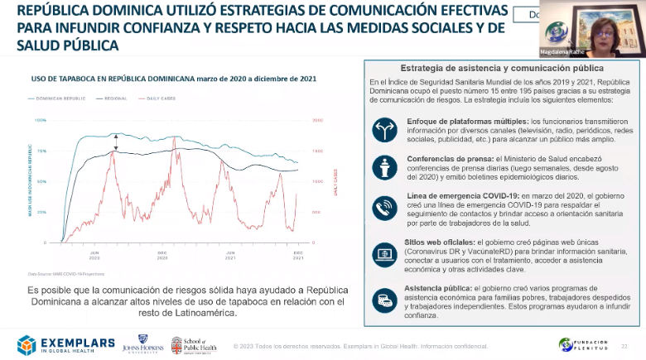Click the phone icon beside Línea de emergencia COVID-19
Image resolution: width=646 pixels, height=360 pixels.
384,208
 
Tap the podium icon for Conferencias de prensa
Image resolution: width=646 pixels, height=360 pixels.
384,167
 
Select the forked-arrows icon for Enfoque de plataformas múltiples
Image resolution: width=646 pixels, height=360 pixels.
384,127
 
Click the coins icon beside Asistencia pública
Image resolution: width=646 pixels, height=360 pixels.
384,297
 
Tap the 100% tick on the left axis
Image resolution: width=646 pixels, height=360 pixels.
41,121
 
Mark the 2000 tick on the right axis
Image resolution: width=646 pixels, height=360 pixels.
316,121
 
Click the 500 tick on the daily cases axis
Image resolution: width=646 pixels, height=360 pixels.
316,213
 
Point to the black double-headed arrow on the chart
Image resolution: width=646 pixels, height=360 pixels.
116,142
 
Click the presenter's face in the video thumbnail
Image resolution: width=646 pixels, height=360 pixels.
595,27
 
